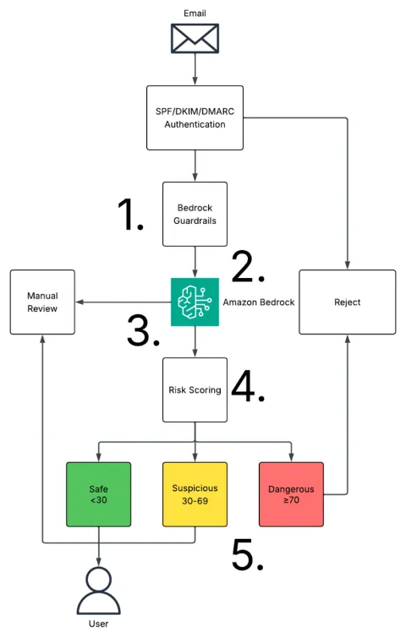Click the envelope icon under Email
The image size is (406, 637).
[195, 39]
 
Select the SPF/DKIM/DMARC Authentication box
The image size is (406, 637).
[195, 117]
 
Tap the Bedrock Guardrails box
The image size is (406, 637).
[195, 214]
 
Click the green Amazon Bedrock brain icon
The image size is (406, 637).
[195, 302]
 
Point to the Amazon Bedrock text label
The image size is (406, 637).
[259, 302]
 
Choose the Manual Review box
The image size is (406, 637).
[42, 302]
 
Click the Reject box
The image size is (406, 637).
[348, 302]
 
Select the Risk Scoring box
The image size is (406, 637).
[195, 390]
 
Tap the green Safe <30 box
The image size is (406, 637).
[98, 494]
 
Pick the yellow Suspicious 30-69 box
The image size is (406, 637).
[195, 494]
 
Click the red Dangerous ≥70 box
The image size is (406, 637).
[291, 494]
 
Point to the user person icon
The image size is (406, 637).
[98, 591]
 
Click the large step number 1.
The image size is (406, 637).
[130, 214]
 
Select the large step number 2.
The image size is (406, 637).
[248, 266]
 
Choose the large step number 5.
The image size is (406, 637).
[248, 554]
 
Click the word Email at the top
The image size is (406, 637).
[195, 14]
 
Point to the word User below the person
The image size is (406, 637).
[98, 623]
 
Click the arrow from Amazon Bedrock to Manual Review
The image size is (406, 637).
[123, 302]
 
